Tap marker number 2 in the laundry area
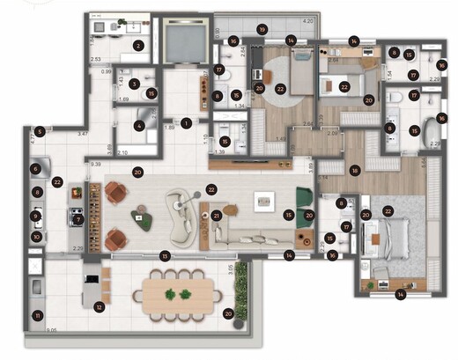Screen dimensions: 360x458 coord(137,46)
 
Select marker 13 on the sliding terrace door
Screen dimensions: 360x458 coord(165,256)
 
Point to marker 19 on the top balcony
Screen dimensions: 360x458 coord(262,30)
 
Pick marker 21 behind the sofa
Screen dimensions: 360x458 coord(216,215)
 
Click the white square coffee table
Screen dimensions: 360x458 coord(265,202)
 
